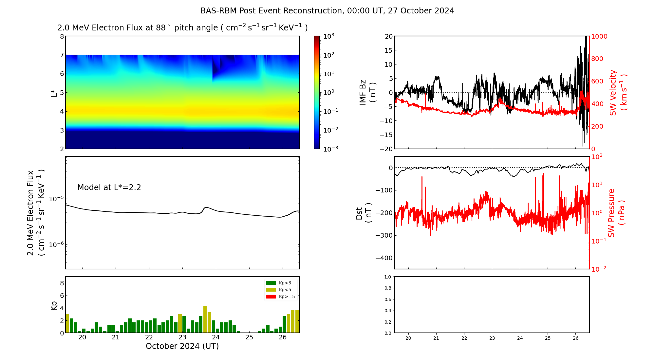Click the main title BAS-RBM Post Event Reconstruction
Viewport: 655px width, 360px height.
(x=327, y=11)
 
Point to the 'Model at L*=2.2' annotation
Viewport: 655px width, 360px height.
(x=109, y=188)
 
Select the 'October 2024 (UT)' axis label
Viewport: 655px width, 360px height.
(x=182, y=346)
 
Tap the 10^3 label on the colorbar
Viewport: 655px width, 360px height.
(x=328, y=36)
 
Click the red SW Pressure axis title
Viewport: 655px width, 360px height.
(x=616, y=213)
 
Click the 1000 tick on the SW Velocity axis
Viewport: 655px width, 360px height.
(x=599, y=36)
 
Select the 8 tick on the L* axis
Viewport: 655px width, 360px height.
(x=62, y=36)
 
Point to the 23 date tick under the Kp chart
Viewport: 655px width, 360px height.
(x=182, y=337)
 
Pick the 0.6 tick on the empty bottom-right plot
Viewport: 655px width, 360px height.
(x=387, y=299)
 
